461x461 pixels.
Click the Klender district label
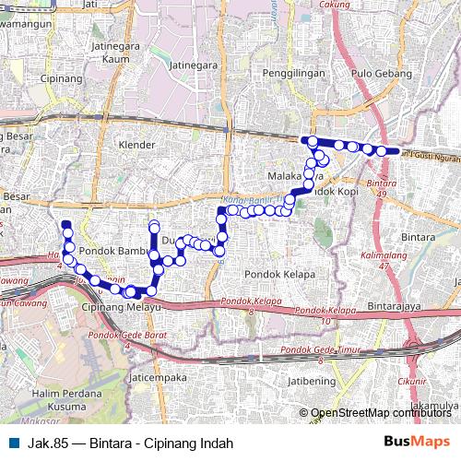click(138, 145)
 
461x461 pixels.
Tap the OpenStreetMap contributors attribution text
click(381, 413)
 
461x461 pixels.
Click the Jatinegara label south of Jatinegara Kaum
click(193, 65)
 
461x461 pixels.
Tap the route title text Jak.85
click(49, 443)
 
